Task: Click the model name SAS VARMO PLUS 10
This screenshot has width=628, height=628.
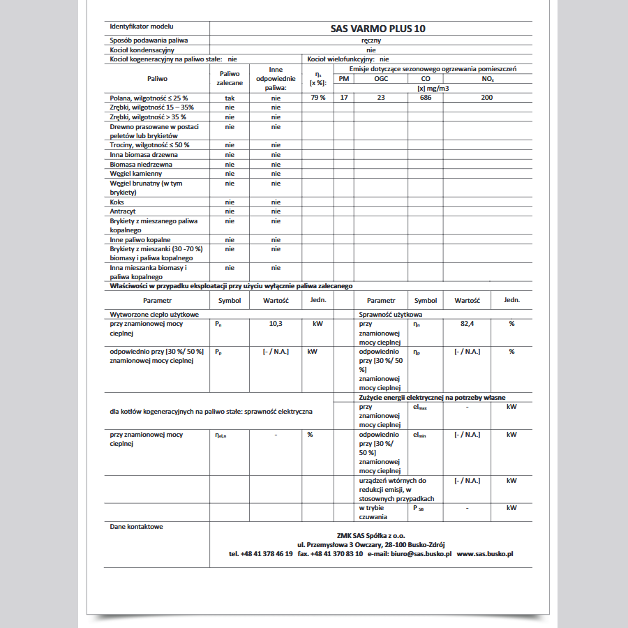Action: pyautogui.click(x=377, y=29)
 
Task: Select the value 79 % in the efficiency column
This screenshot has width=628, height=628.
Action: pyautogui.click(x=317, y=98)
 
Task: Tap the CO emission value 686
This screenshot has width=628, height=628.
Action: pyautogui.click(x=426, y=98)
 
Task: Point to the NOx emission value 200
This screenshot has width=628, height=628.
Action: pyautogui.click(x=486, y=98)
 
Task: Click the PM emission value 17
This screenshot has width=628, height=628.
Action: pyautogui.click(x=343, y=98)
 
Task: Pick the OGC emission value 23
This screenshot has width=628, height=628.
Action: pyautogui.click(x=380, y=98)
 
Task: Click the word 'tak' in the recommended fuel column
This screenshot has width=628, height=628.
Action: pyautogui.click(x=230, y=98)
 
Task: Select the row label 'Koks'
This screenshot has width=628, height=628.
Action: pyautogui.click(x=117, y=202)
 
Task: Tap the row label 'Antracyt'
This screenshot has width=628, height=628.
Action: pyautogui.click(x=123, y=211)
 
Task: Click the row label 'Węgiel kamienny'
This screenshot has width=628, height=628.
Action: pyautogui.click(x=136, y=173)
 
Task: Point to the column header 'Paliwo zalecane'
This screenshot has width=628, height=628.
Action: pyautogui.click(x=230, y=77)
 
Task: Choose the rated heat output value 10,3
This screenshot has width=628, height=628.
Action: pyautogui.click(x=276, y=324)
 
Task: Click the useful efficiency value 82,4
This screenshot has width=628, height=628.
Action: pyautogui.click(x=467, y=324)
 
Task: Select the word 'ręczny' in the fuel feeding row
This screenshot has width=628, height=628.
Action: pyautogui.click(x=371, y=40)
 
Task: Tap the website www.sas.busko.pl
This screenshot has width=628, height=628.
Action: pyautogui.click(x=485, y=553)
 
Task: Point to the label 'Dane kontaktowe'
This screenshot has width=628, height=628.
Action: pyautogui.click(x=137, y=526)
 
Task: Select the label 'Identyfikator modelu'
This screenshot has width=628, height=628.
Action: pyautogui.click(x=142, y=26)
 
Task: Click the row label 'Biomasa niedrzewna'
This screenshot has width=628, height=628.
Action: pyautogui.click(x=141, y=164)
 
